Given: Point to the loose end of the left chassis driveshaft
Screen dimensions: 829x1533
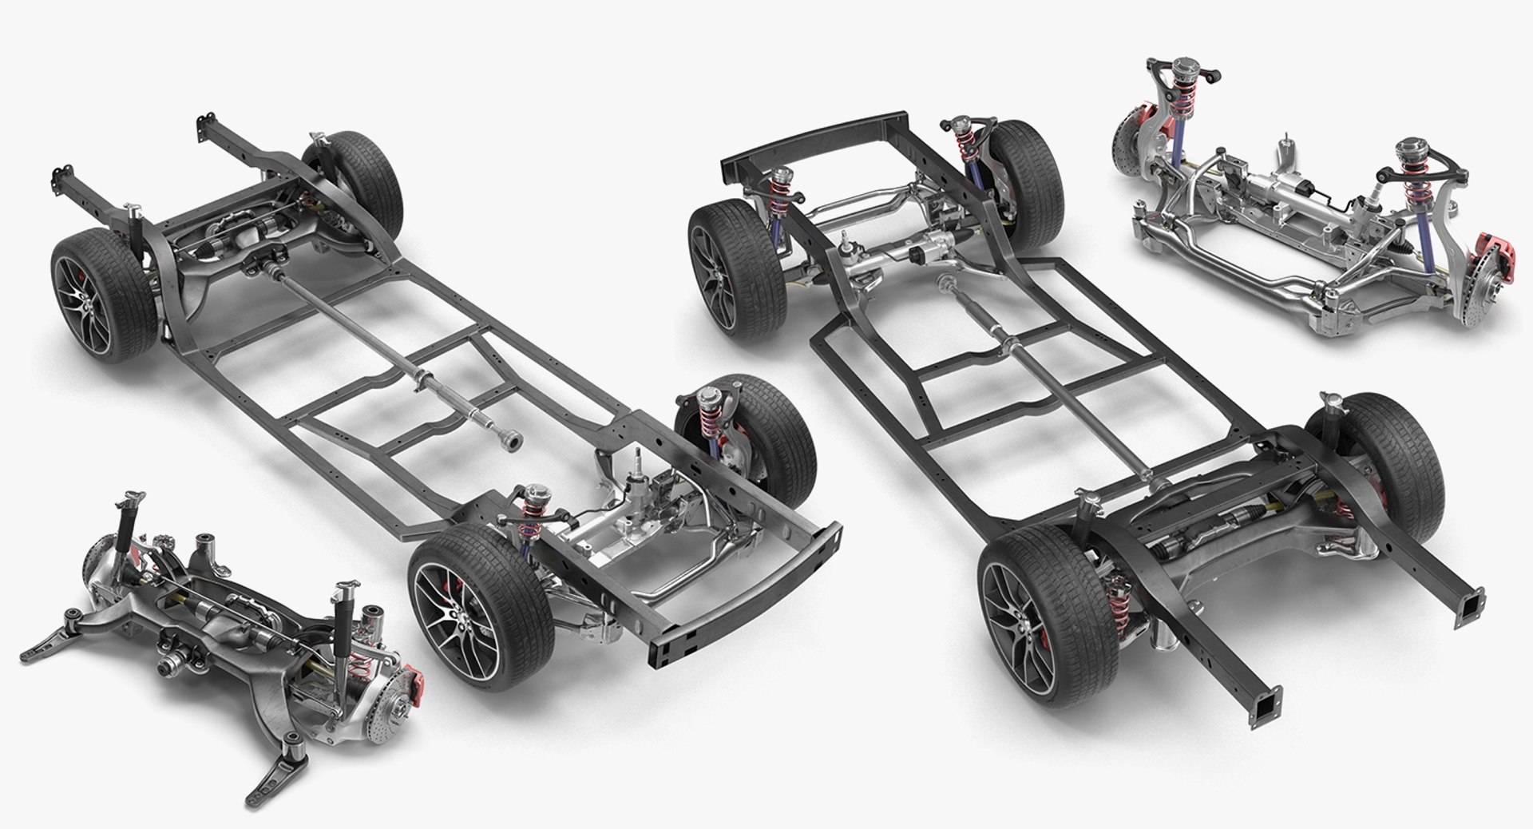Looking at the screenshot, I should click(x=509, y=438).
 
